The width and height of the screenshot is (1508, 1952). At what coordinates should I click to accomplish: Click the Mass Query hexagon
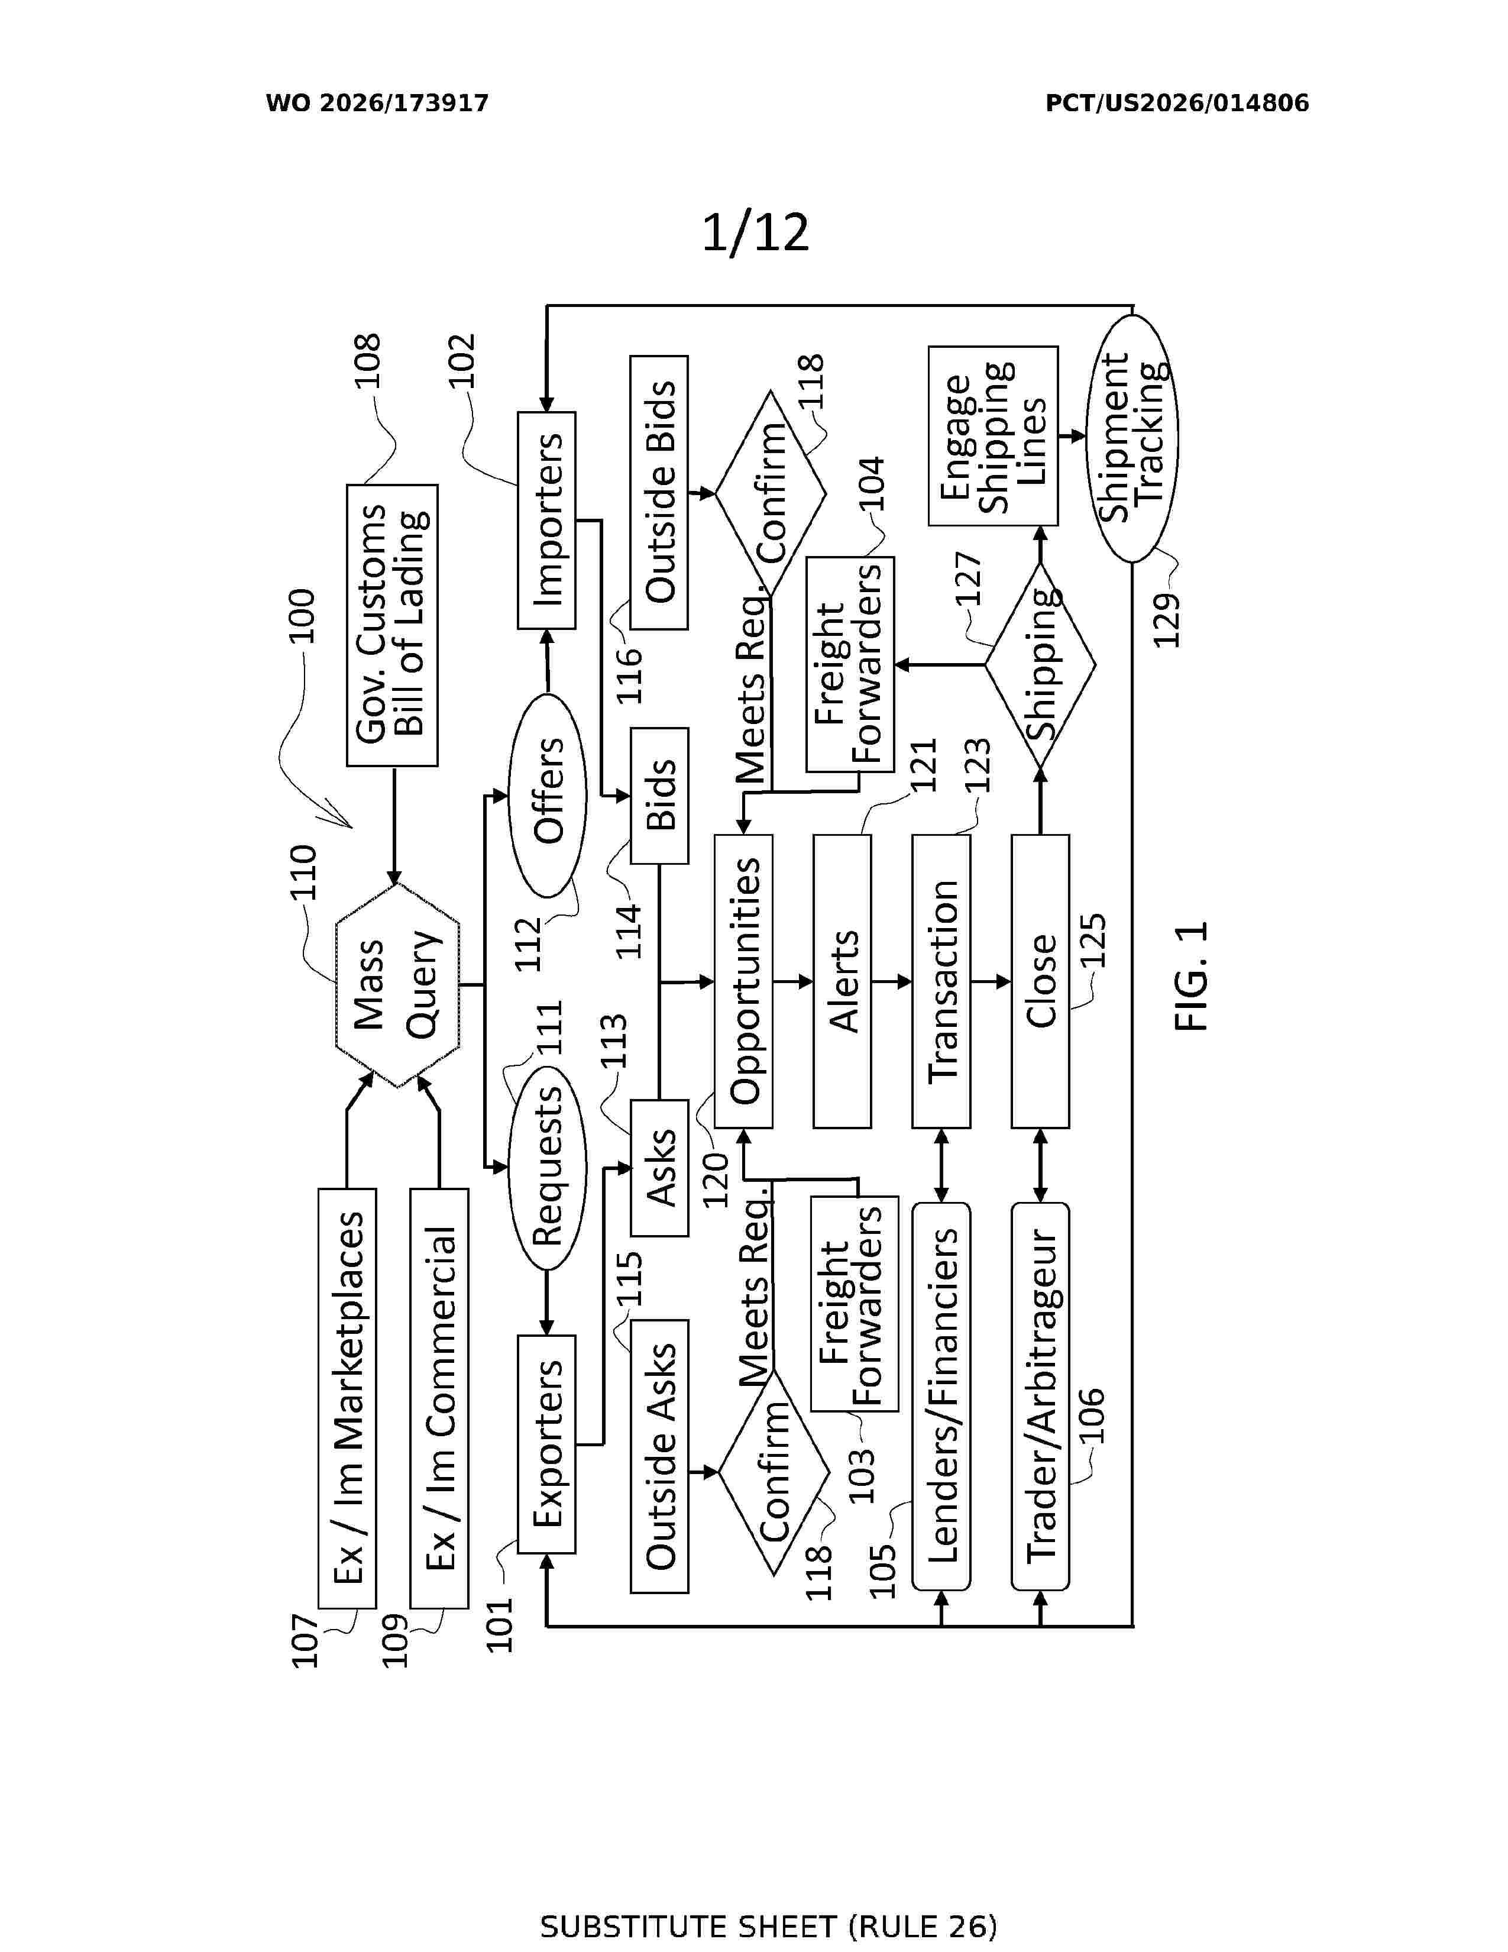coord(397,985)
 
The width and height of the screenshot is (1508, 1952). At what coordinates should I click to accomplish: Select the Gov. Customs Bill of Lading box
coord(392,626)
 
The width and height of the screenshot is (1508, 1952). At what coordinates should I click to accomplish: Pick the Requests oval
coord(547,1166)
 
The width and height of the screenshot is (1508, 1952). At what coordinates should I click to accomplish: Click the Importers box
coord(547,520)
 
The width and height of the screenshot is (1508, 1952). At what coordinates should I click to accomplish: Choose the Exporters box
coord(547,1444)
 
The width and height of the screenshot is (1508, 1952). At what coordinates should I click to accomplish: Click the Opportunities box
coord(743,981)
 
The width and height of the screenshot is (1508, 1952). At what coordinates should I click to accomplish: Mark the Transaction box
coord(941,981)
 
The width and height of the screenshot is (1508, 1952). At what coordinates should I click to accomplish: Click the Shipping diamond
coord(1040,665)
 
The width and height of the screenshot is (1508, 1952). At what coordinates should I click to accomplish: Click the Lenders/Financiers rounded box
coord(941,1396)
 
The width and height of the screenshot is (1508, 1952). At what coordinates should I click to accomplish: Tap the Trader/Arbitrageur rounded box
coord(1040,1396)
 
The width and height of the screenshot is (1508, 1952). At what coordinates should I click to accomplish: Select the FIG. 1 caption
coord(1191,976)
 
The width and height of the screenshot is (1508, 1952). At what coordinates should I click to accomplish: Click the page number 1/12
coord(755,232)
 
